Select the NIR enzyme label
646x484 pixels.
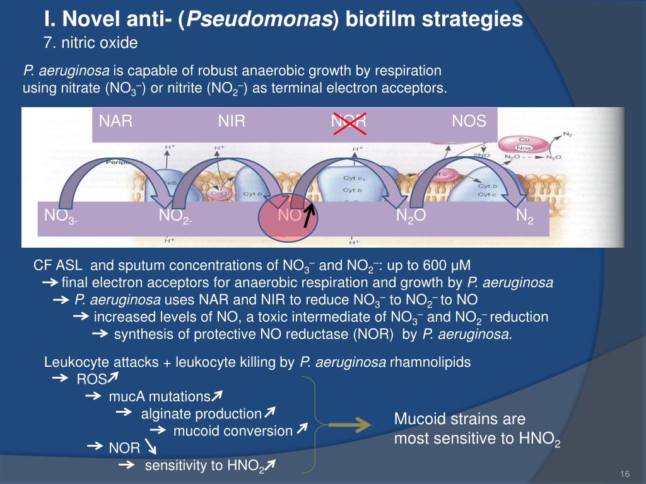click(x=232, y=121)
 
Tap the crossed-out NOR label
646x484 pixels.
click(x=349, y=121)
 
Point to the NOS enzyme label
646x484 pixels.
click(x=469, y=121)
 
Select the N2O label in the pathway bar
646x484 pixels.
click(x=411, y=216)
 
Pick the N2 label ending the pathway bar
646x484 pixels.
click(x=524, y=216)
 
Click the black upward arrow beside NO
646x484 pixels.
click(x=308, y=216)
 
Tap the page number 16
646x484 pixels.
click(x=626, y=474)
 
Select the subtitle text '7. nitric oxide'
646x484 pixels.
click(x=88, y=43)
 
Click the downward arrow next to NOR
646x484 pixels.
click(x=152, y=447)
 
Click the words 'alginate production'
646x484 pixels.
click(x=201, y=414)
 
